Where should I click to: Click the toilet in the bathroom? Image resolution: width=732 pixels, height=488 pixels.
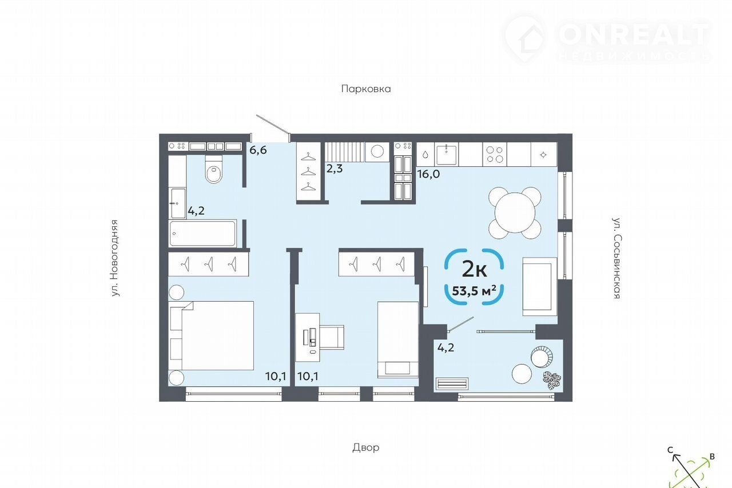[x=214, y=169]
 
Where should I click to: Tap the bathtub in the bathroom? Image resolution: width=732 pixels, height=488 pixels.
[x=202, y=233]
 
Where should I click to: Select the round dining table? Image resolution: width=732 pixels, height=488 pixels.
[x=515, y=213]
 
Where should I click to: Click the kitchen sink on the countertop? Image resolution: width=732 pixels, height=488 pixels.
[x=447, y=154]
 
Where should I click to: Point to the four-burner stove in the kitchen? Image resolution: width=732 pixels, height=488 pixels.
[x=495, y=154]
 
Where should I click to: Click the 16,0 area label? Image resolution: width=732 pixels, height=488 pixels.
[x=428, y=174]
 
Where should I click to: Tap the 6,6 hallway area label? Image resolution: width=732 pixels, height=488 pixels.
[x=258, y=150]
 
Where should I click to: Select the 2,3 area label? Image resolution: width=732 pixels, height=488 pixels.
[x=335, y=169]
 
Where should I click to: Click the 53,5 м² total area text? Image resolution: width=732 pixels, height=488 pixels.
[x=474, y=290]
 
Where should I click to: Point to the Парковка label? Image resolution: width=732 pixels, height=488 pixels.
[x=366, y=89]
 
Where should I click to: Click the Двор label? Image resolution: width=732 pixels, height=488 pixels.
[x=365, y=447]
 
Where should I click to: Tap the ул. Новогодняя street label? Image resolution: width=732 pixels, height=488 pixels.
[x=114, y=258]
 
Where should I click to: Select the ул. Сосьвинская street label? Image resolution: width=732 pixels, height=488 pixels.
[x=616, y=258]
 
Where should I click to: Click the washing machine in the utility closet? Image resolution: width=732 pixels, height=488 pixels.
[x=377, y=151]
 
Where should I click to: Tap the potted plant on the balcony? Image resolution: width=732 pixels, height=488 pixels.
[x=552, y=380]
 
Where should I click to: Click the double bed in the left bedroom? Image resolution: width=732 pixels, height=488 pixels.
[x=211, y=336]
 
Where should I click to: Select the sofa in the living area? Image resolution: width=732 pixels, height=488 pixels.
[x=539, y=286]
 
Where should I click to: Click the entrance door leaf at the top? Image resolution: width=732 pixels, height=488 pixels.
[x=273, y=125]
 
